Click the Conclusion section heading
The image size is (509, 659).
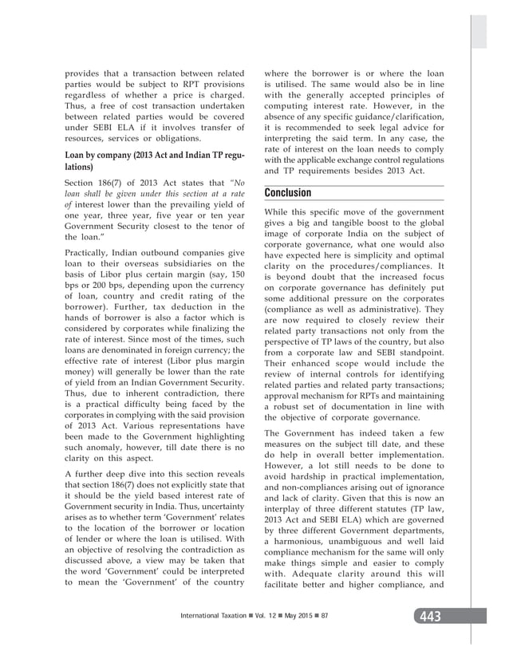tap(289, 193)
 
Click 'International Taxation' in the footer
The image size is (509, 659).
tap(212, 617)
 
